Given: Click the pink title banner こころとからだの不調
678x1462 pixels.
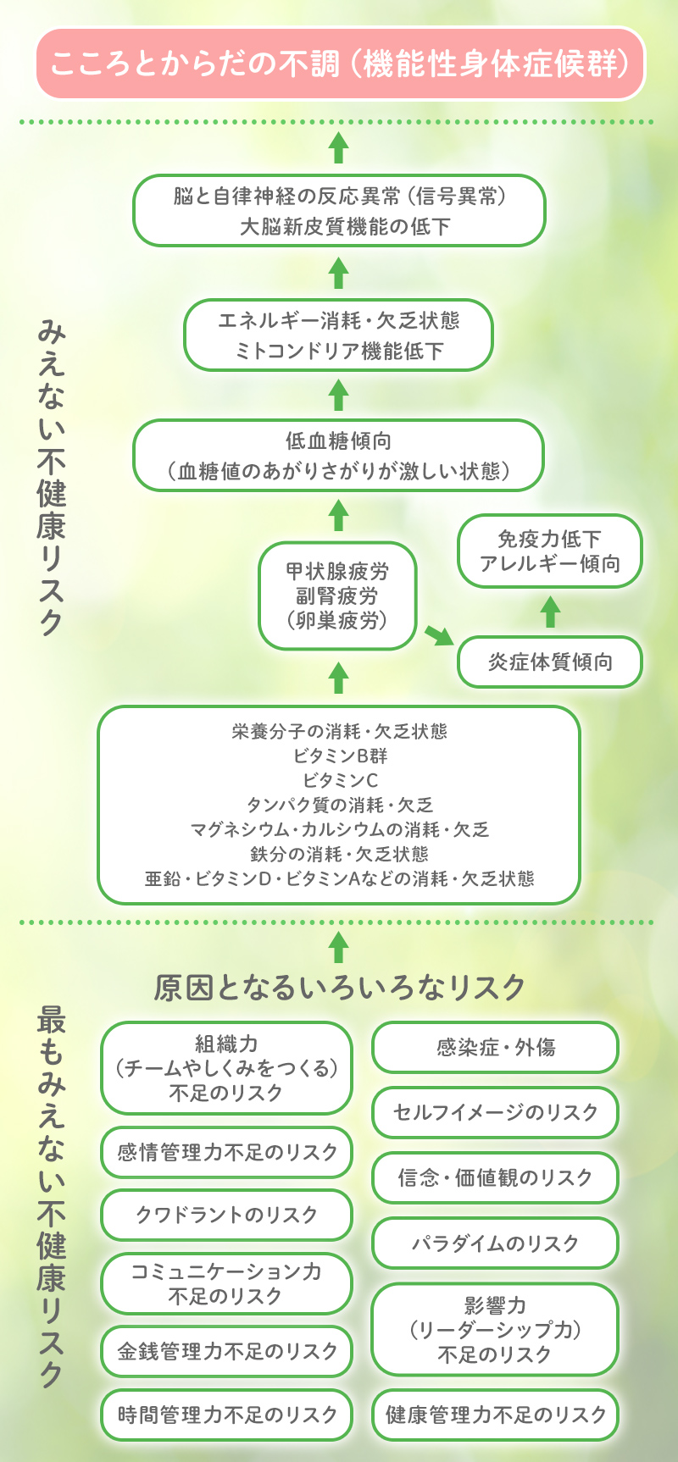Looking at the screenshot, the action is [340, 64].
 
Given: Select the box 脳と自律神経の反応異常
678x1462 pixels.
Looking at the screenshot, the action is [339, 211].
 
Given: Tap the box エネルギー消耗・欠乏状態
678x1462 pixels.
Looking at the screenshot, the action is [339, 335].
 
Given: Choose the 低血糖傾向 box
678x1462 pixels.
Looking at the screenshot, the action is [339, 456].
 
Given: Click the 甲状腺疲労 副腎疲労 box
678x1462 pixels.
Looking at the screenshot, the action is [337, 595].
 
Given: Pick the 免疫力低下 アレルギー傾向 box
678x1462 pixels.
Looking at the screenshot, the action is [550, 551].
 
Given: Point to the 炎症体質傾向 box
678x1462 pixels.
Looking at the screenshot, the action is [550, 662].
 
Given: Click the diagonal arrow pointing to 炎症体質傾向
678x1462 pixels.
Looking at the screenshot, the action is [439, 634].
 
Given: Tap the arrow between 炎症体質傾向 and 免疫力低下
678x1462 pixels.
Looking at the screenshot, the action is [551, 612].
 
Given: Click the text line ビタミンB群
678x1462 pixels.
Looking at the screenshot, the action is [340, 756].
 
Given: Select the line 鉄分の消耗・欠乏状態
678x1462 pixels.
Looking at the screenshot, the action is [339, 854].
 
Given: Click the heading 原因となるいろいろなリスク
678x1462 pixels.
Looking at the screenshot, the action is [340, 988].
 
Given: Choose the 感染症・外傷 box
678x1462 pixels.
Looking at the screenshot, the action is [496, 1048].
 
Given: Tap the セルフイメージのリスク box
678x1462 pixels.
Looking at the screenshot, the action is [496, 1112].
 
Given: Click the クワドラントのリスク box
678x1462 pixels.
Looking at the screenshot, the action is [226, 1216].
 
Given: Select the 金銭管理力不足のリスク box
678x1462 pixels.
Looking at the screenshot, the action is [226, 1351].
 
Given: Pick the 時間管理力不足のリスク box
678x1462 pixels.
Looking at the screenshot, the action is [226, 1415].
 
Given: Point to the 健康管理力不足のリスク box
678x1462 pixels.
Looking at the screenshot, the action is [496, 1415].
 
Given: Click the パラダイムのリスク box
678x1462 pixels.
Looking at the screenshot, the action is [496, 1243].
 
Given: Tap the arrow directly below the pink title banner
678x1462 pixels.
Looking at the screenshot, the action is [339, 147].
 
